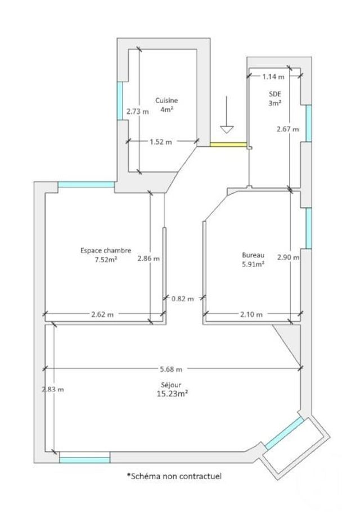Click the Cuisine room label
coord(166,101)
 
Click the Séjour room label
coord(172,385)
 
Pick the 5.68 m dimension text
coord(171,369)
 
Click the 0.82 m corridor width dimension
coord(182,299)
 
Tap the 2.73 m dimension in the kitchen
coord(137,111)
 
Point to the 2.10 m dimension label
coord(251,315)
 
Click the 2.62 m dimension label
coord(102,315)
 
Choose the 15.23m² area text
coord(172,394)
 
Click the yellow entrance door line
coord(228,144)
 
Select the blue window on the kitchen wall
coord(119,101)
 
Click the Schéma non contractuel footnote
coord(174,476)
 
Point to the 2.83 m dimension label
coord(52,389)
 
